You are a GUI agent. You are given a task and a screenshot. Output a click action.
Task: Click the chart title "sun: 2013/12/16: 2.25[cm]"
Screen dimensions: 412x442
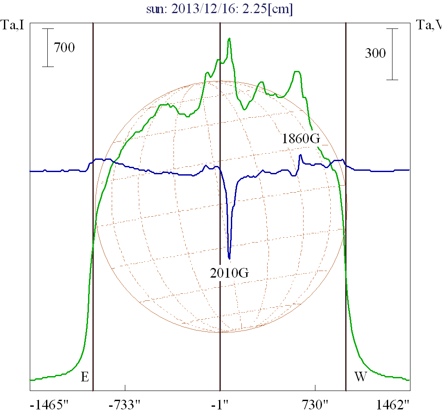tap(220, 9)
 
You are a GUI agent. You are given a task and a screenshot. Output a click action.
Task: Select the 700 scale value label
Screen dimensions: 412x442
tap(64, 47)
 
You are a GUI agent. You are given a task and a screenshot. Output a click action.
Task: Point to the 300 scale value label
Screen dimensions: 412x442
tap(375, 53)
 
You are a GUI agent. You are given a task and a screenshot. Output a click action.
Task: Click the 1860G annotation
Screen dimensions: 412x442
tap(301, 139)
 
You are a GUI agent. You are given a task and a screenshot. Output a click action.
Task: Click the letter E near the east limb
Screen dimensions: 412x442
tap(85, 377)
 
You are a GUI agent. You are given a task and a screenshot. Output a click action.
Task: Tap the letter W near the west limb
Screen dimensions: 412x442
tap(360, 377)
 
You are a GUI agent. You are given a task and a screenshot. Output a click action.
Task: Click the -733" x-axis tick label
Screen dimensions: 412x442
tap(125, 404)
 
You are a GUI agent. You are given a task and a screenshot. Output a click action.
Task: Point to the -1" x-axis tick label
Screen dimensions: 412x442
tap(220, 404)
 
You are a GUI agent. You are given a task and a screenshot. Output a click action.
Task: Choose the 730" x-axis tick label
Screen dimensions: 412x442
tap(315, 404)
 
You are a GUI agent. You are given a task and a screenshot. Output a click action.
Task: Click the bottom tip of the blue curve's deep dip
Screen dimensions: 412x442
tap(230, 259)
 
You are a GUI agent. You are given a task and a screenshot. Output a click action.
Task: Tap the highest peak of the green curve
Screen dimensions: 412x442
tap(230, 39)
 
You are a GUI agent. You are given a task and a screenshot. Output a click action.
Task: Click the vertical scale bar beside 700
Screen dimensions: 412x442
tap(48, 48)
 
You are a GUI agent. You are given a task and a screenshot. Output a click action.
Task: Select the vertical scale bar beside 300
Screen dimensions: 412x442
tap(392, 54)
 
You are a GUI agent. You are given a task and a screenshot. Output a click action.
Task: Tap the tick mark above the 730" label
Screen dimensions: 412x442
tap(315, 388)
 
